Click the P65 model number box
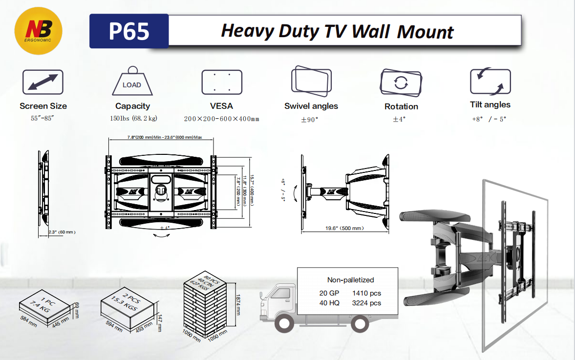pos(129,31)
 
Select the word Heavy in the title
pos(248,31)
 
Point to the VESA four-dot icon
pos(222,82)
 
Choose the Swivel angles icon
pos(311,82)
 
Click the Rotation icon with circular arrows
pos(401,83)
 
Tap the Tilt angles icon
pos(490,82)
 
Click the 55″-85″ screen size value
pos(43,119)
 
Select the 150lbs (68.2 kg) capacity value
pos(132,119)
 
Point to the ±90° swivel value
pos(310,119)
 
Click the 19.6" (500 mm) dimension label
pos(345,228)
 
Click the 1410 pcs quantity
pos(366,293)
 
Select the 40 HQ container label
pos(329,303)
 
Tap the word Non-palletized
pos(350,280)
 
